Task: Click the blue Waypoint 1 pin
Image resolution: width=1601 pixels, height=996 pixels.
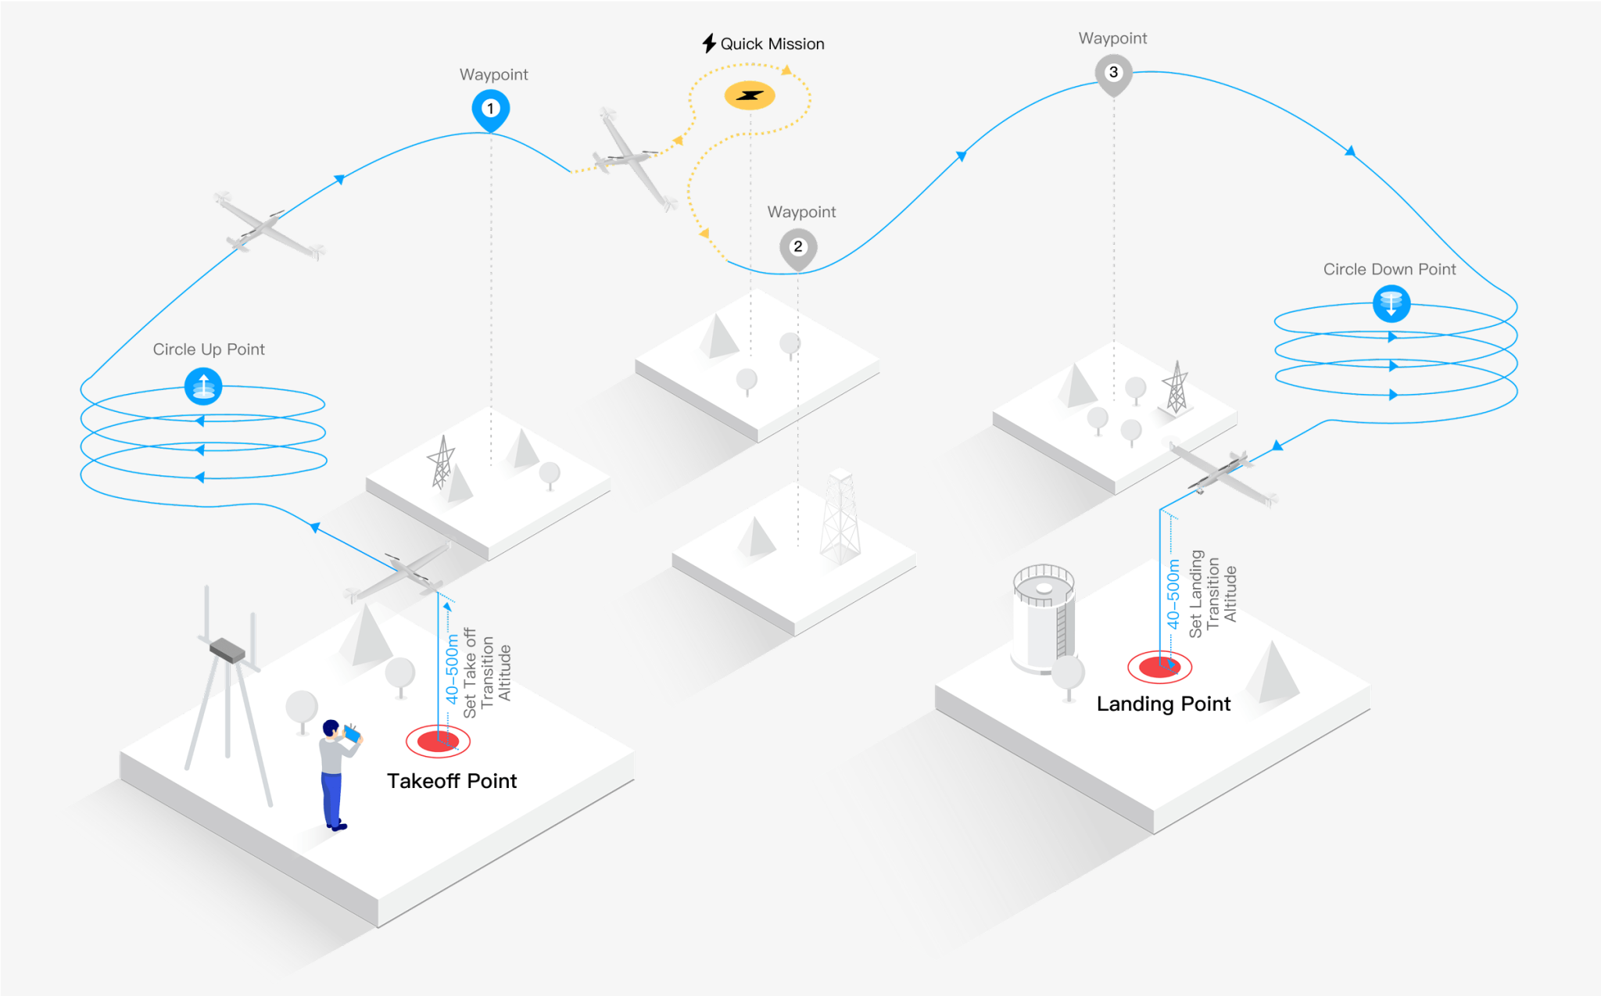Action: point(491,109)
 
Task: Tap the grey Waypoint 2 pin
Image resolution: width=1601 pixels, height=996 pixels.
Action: point(798,249)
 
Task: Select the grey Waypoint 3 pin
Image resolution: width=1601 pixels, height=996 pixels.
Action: point(1114,74)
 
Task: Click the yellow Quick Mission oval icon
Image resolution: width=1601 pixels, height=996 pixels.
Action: point(750,95)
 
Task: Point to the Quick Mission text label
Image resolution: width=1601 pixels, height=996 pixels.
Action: point(772,44)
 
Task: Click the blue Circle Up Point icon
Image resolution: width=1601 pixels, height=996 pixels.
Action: point(203,386)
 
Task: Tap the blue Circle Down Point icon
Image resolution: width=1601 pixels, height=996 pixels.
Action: point(1391,303)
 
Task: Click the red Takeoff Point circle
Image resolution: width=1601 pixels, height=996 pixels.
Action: point(438,741)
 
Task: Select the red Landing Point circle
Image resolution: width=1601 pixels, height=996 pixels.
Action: point(1159,667)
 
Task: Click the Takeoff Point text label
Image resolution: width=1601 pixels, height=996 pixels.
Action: point(452,781)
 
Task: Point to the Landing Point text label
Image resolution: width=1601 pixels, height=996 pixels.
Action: point(1163,704)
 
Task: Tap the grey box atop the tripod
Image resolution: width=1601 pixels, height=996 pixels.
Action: point(227,650)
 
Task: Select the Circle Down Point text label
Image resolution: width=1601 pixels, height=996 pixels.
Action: point(1389,269)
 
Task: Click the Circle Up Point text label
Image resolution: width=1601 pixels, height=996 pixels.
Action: point(209,349)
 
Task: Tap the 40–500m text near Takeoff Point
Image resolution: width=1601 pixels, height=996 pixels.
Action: point(452,668)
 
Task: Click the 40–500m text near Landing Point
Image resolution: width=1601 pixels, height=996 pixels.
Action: point(1173,594)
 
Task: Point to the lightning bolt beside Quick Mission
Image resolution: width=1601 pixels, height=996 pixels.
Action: point(709,43)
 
